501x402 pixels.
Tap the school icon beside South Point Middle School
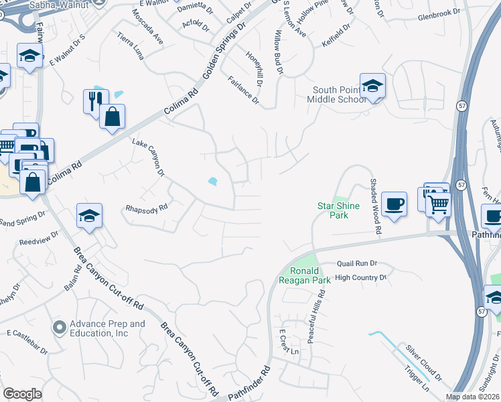click(372, 86)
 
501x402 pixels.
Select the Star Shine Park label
click(338, 210)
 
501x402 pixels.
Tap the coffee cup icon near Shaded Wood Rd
click(394, 204)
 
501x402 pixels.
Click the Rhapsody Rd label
click(145, 209)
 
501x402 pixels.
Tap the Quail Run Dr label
click(357, 264)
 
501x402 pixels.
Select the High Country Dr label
click(361, 277)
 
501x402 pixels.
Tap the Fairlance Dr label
click(243, 90)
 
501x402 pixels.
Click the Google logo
click(23, 394)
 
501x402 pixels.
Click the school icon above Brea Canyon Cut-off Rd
click(89, 217)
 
